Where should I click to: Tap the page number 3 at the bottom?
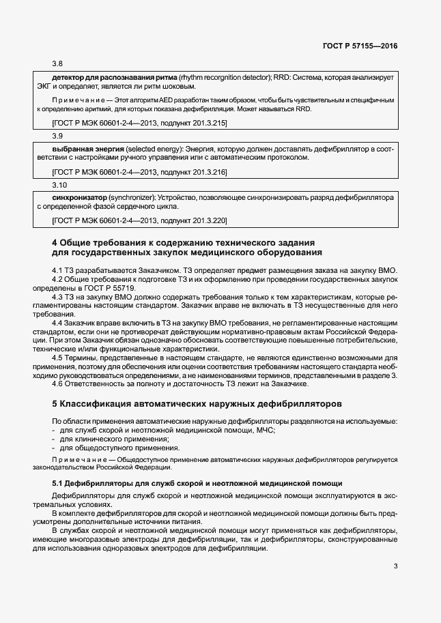(x=395, y=566)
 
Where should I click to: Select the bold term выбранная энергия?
(x=87, y=148)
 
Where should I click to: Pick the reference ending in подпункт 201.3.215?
(x=139, y=123)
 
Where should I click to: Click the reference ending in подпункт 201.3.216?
(x=139, y=172)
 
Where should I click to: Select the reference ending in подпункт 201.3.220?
(x=139, y=220)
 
